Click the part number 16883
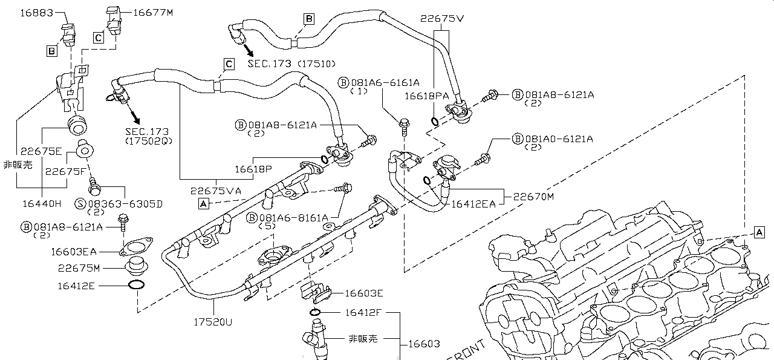coord(36,12)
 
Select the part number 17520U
coord(211,322)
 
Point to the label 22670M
coord(534,196)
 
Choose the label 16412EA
coord(473,204)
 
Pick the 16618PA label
coord(427,95)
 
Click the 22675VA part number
coord(216,190)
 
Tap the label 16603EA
coord(73,251)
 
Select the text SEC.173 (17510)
coord(291,64)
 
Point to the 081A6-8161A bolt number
coord(294,217)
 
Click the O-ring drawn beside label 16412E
coord(136,285)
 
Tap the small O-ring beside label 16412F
coord(316,312)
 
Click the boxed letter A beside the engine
coord(759,232)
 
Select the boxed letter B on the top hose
coord(309,19)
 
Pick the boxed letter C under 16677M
coord(99,38)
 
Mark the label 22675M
coord(79,267)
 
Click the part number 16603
coord(423,344)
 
